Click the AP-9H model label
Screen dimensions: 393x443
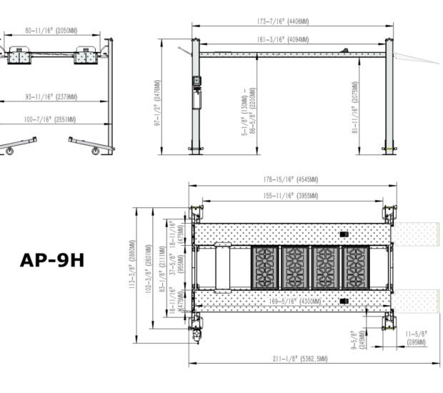pos(52,259)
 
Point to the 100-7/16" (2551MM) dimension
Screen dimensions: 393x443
pos(51,119)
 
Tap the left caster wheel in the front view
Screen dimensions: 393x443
pos(11,150)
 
